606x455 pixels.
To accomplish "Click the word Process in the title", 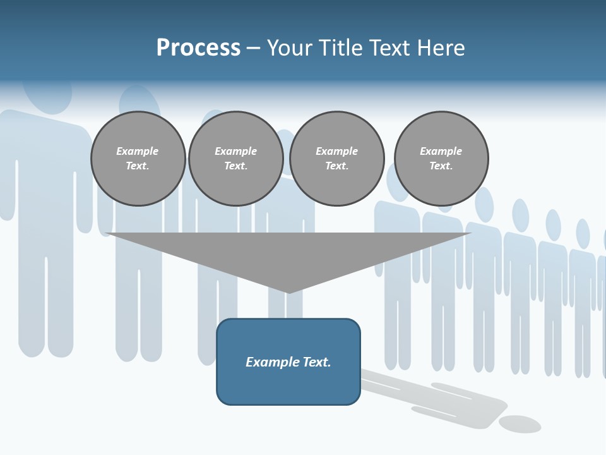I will tap(198, 48).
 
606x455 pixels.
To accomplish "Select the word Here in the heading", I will tap(441, 48).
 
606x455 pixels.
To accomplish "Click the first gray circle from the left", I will tap(138, 159).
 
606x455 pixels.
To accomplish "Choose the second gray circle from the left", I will tap(236, 159).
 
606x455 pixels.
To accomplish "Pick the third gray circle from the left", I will tap(337, 159).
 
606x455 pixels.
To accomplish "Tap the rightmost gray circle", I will tap(441, 159).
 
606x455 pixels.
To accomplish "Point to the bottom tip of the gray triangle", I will tap(288, 292).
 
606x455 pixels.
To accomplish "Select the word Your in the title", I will tap(290, 48).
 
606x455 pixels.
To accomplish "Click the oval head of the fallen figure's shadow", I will tap(520, 424).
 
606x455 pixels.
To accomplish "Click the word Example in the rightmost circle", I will tap(441, 151).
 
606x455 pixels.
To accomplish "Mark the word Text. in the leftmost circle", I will tap(138, 166).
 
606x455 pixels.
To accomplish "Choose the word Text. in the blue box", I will tap(316, 362).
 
